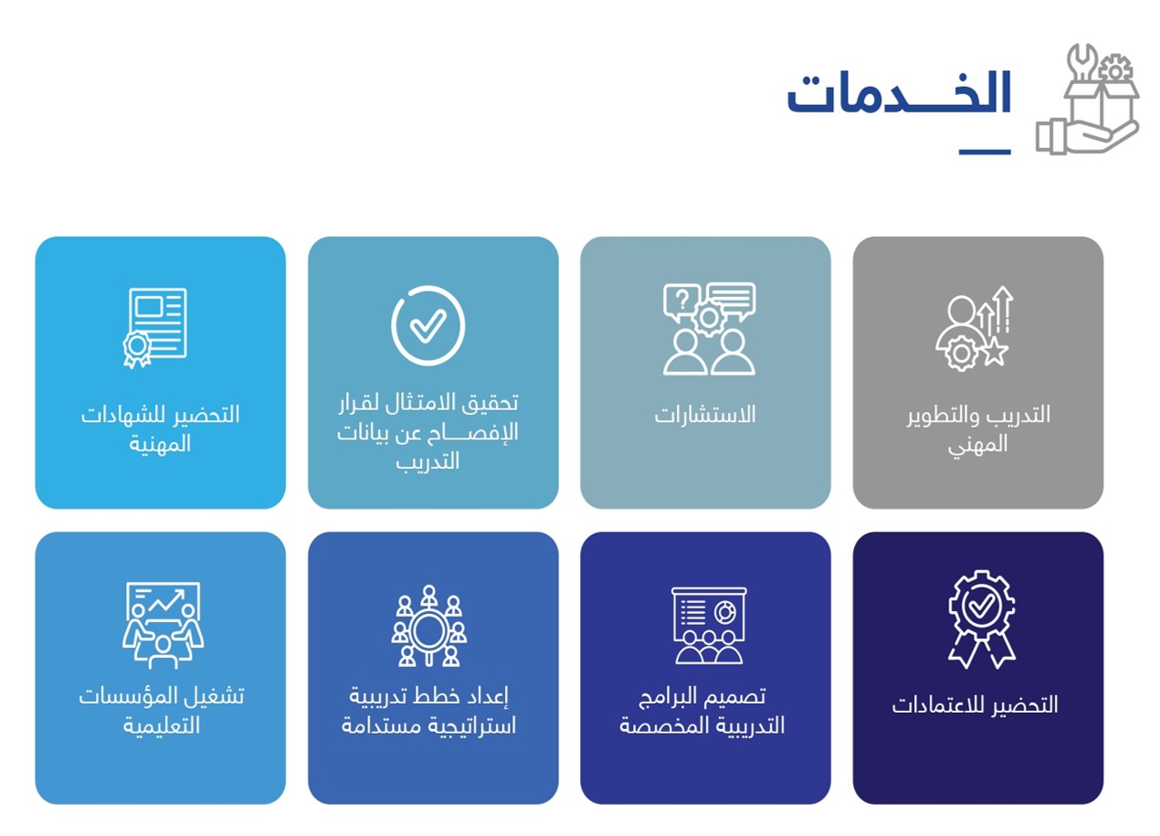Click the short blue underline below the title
tap(985, 152)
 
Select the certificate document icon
tap(154, 327)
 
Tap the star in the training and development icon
tap(995, 352)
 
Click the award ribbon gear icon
tap(981, 619)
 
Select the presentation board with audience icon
tap(709, 625)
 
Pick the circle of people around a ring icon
tap(428, 625)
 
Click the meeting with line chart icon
tap(163, 625)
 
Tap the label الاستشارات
tap(705, 415)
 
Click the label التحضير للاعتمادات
tap(975, 705)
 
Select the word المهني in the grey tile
tap(977, 445)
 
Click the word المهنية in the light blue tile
tap(160, 444)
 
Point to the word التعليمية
tap(161, 725)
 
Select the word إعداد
tap(487, 696)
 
